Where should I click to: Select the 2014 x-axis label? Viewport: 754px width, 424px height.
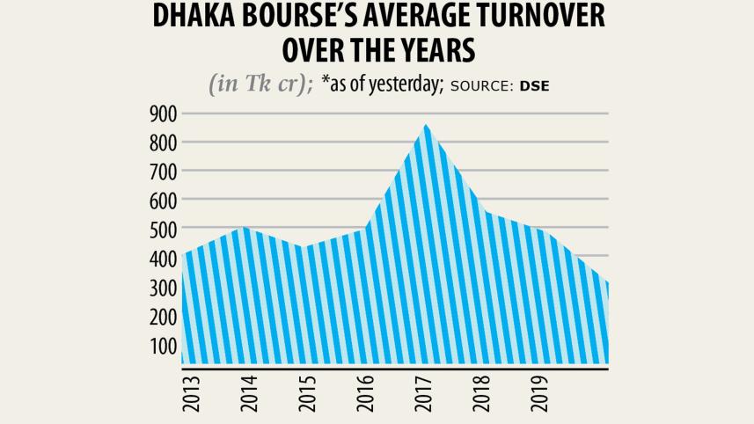[249, 393]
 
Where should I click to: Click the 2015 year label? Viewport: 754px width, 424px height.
[307, 393]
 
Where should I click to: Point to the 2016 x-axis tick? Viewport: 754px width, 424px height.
[365, 393]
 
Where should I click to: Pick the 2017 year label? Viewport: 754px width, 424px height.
[424, 393]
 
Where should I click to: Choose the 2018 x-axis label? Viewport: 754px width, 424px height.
[482, 393]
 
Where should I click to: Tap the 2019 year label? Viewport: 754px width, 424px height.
[540, 393]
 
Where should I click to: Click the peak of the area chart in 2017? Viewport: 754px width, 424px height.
[426, 125]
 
